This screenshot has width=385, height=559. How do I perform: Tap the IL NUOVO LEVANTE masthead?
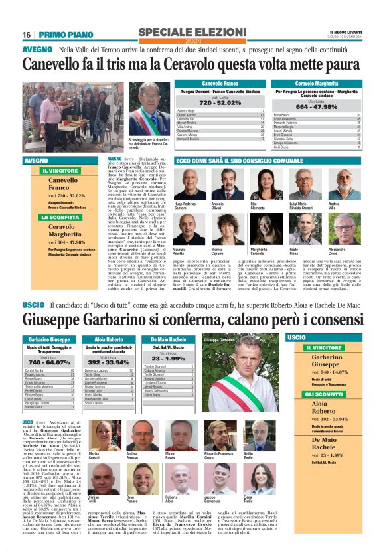pos(345,33)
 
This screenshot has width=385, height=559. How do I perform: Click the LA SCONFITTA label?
pos(59,216)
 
